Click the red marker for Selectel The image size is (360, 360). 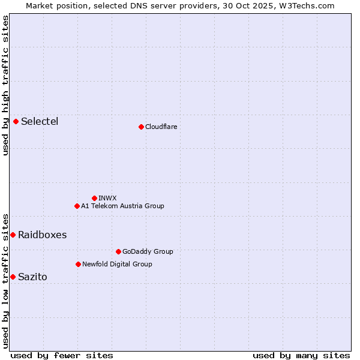[16, 122]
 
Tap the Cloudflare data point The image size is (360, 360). [141, 127]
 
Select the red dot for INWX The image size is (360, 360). [94, 198]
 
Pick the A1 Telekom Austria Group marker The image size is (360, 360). [77, 206]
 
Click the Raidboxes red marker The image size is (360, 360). [13, 235]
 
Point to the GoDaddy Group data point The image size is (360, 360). [118, 251]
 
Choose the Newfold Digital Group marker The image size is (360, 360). [78, 264]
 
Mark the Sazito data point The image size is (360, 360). [13, 277]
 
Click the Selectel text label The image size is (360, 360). [40, 122]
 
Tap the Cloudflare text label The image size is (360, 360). [161, 127]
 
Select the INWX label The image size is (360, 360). [107, 198]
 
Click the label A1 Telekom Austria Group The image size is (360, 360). [122, 206]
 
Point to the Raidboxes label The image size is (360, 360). [42, 235]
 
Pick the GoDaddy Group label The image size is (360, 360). [148, 251]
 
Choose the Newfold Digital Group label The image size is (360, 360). [117, 264]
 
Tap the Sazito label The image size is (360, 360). [32, 277]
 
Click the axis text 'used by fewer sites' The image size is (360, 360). [62, 355]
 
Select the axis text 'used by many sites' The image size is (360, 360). [301, 355]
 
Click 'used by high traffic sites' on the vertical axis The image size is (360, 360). [6, 85]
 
